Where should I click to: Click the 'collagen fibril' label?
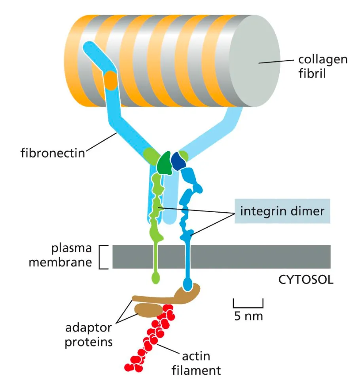322,66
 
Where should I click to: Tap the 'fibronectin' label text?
53,152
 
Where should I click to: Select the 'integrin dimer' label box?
282,211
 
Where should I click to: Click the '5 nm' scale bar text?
248,316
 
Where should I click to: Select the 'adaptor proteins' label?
89,335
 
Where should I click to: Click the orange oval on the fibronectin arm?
111,80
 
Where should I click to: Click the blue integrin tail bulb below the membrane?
188,284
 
